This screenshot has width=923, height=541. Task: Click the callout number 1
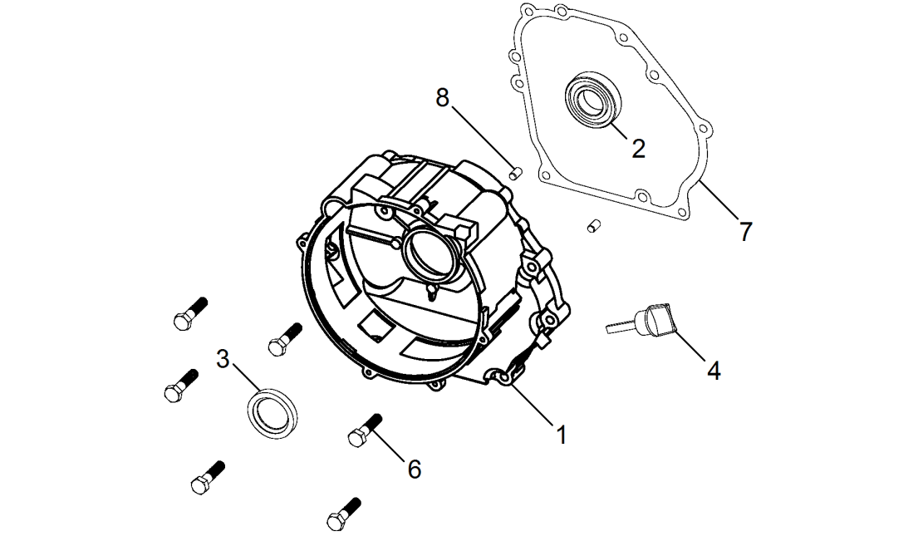coord(562,434)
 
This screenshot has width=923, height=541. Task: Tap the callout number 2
coord(638,148)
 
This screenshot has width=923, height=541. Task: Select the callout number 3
coord(222,360)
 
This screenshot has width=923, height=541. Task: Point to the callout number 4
coord(714,370)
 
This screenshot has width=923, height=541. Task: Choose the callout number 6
coord(414,469)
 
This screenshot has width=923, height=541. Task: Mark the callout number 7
coord(745,231)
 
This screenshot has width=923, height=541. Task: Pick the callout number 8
coord(443,97)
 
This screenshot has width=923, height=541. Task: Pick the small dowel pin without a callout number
coord(593,224)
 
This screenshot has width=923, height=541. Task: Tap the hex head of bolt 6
coord(356,437)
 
